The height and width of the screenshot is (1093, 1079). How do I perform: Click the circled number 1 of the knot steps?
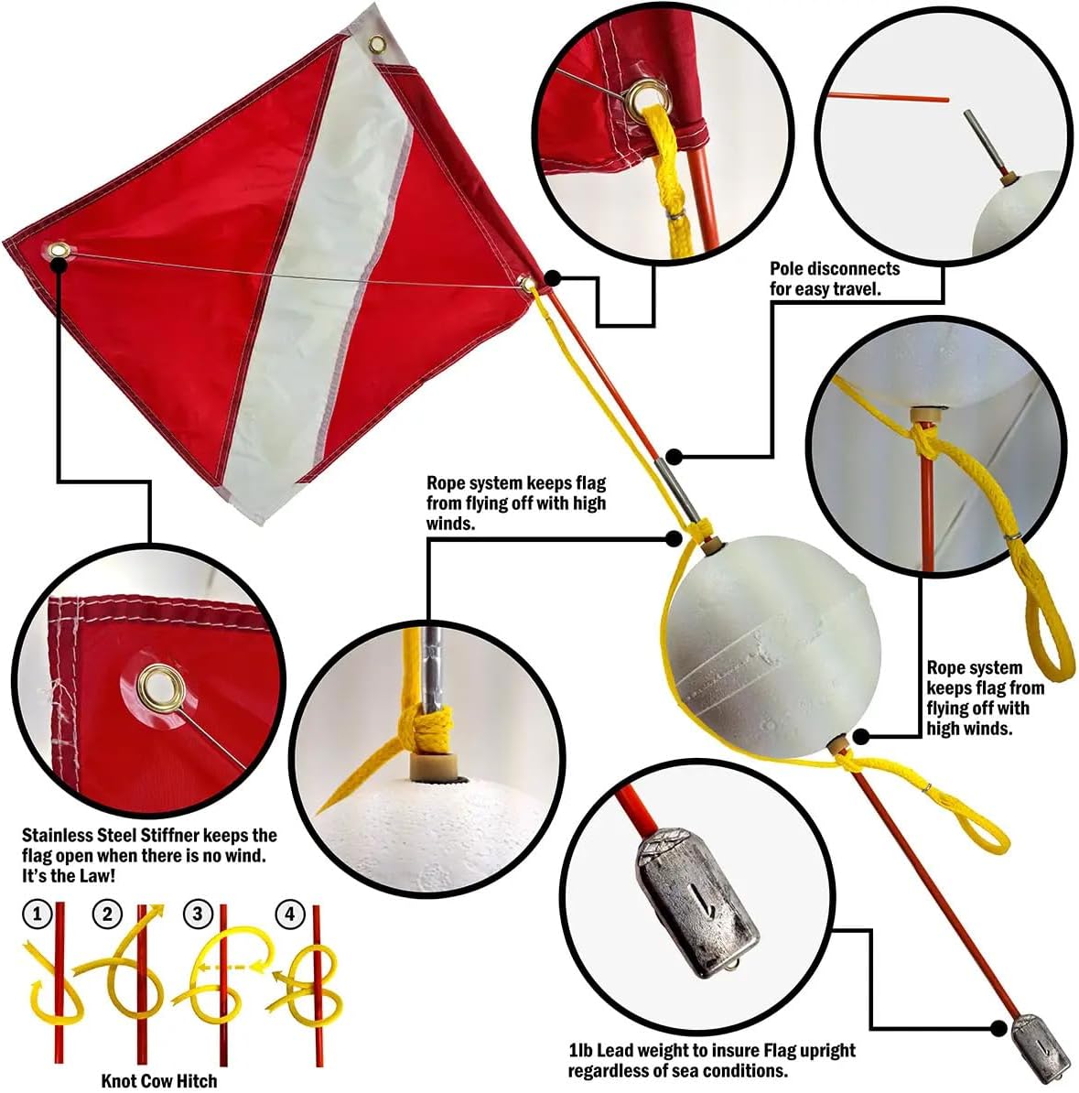click(38, 914)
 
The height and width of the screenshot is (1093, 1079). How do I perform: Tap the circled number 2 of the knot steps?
click(108, 914)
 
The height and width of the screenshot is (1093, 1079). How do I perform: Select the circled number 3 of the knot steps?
click(198, 914)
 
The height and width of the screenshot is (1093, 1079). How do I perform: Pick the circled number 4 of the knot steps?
click(290, 914)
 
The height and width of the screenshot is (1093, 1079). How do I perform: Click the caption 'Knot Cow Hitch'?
click(159, 1080)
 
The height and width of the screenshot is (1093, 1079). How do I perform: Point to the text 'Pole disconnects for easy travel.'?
click(835, 278)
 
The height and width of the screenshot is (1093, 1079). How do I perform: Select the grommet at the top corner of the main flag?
click(376, 44)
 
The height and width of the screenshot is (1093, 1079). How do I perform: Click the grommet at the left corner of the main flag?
click(60, 251)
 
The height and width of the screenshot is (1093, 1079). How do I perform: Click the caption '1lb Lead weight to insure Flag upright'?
click(711, 1051)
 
